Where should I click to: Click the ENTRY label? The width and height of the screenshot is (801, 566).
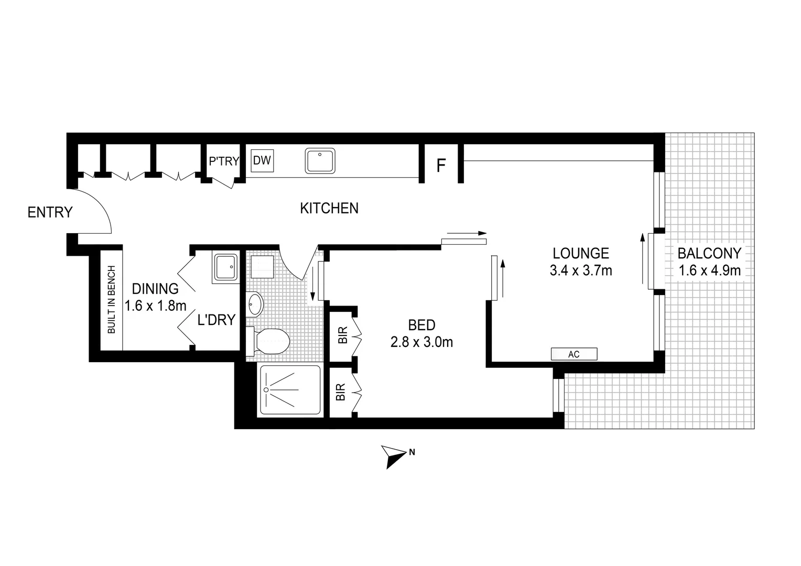(50, 213)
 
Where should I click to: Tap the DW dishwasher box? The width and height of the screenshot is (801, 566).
(262, 160)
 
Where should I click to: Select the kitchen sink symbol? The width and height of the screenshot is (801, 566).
(320, 161)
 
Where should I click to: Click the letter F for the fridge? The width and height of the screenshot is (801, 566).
(441, 166)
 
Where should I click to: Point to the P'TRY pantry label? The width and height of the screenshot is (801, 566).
(224, 161)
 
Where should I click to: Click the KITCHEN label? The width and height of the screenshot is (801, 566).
(329, 209)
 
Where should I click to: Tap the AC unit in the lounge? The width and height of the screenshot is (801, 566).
(573, 354)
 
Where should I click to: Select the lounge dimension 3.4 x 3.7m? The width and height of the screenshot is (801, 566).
(581, 270)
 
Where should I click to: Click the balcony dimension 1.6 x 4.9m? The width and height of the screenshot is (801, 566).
(709, 270)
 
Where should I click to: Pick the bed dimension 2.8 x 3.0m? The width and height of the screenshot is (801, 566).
(421, 342)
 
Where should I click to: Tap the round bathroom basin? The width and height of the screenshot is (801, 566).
(255, 304)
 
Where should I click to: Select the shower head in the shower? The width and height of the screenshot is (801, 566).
(266, 390)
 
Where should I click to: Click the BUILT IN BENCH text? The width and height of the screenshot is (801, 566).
(111, 300)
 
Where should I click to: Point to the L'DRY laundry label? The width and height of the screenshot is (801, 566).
(216, 320)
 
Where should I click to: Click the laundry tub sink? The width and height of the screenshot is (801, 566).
(226, 267)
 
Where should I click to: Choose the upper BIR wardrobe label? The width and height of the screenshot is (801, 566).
(342, 334)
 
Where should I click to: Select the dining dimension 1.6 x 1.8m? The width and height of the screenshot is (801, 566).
(155, 305)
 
